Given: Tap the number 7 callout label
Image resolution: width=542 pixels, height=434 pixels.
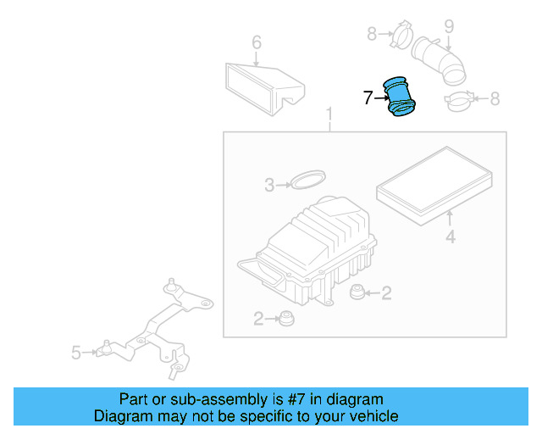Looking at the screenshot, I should coord(368,98).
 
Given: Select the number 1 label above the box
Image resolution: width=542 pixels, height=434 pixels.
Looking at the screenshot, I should coord(329,114).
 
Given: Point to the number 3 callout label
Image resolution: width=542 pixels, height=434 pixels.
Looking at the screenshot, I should coord(269,185).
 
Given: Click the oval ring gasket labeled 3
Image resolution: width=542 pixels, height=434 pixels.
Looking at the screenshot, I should coord(307,179).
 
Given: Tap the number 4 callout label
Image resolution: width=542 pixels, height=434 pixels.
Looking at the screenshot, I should coord(451,238).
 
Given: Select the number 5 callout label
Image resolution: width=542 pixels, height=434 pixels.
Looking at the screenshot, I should coord(76,351).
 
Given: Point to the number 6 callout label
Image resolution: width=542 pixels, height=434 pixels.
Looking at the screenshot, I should coord(257,42).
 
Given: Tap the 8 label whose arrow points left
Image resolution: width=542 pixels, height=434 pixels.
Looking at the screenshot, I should coord(495,99).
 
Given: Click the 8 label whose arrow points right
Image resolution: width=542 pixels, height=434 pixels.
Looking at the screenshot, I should coord(372,34).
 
